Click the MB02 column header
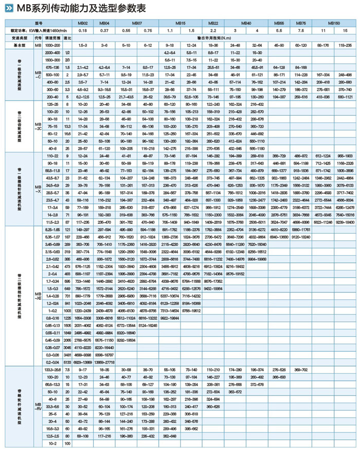[x=83, y=24]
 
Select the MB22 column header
[x=213, y=24]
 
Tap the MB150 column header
[x=333, y=24]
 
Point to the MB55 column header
[x=279, y=24]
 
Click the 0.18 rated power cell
[x=83, y=31]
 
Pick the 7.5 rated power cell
[x=300, y=31]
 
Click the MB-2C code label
[x=38, y=126]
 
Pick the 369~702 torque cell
[x=300, y=370]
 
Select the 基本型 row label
[x=18, y=45]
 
